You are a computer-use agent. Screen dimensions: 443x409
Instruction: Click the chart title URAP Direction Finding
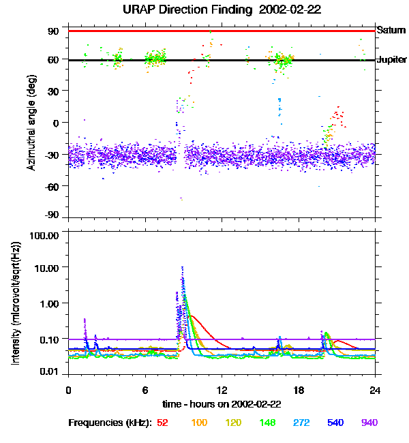point(204,10)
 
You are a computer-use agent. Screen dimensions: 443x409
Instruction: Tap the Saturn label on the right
point(391,30)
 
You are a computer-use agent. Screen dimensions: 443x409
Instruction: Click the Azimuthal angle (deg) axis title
point(31,123)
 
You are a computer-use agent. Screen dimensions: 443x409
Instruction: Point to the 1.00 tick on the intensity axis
point(48,303)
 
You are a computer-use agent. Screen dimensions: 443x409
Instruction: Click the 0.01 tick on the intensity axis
point(48,371)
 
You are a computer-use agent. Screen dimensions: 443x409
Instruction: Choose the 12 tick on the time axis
point(222,390)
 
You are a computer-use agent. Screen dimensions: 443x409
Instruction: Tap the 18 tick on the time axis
point(299,390)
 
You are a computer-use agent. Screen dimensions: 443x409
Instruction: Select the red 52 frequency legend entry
point(162,423)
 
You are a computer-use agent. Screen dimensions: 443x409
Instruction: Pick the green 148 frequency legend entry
point(267,423)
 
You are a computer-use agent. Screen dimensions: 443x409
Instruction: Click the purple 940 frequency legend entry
point(369,423)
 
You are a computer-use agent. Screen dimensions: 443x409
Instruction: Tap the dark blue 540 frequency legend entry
point(335,423)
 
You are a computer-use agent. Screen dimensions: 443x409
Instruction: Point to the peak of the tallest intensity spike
point(182,267)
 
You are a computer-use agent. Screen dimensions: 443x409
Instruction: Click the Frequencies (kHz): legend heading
point(110,423)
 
